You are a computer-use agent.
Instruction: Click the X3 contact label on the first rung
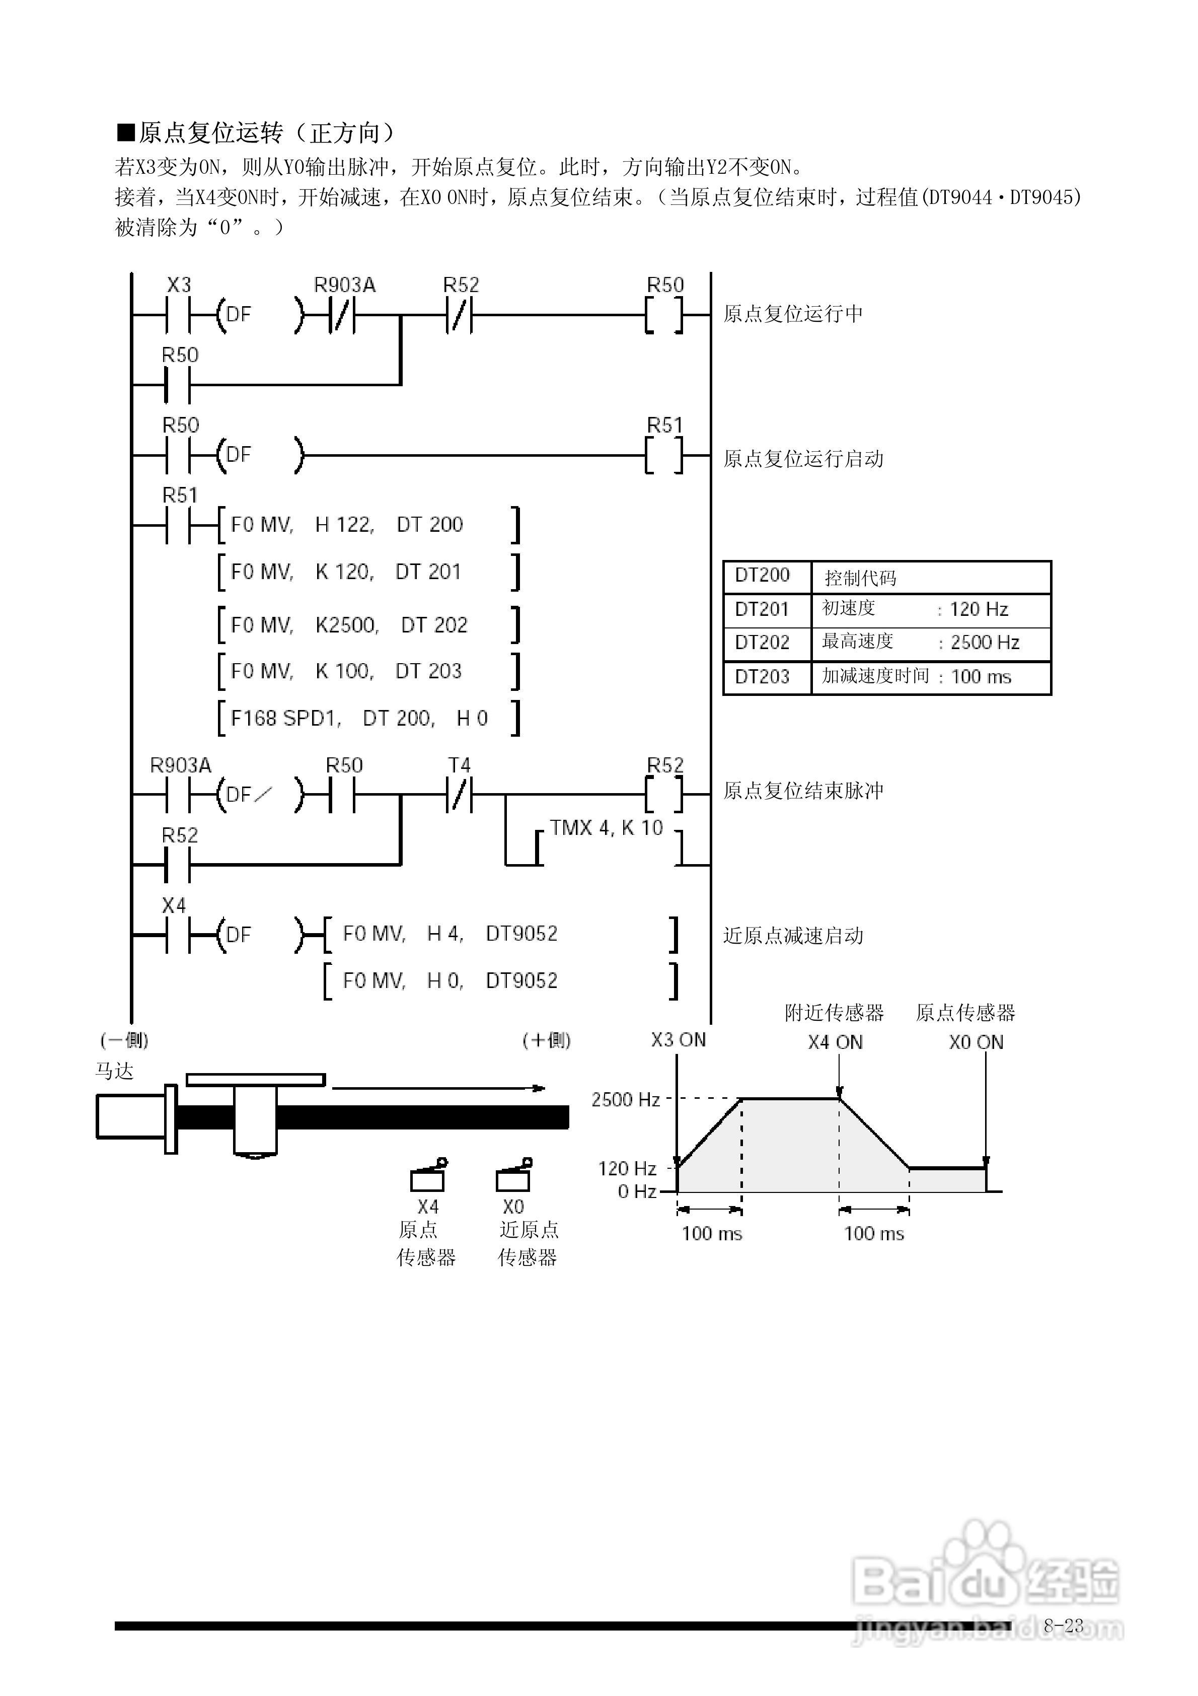(x=179, y=285)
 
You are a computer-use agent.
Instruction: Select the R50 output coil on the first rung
(x=665, y=315)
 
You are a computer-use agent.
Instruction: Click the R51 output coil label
(x=665, y=426)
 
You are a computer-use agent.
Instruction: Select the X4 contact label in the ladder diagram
(x=174, y=905)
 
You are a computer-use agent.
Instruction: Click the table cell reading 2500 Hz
(x=985, y=642)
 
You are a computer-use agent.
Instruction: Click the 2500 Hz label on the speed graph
(x=625, y=1099)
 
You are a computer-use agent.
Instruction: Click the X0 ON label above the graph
(x=976, y=1042)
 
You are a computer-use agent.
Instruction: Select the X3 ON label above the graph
(x=678, y=1040)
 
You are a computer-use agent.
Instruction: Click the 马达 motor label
(x=114, y=1071)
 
